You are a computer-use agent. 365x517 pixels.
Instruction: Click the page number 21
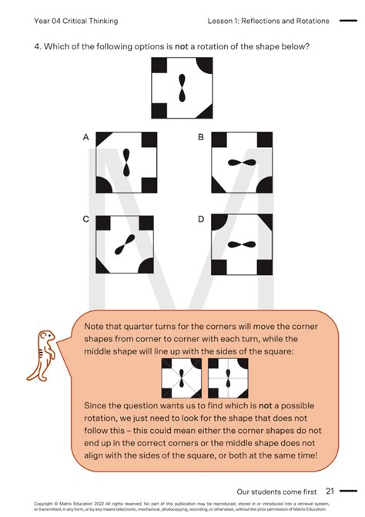(x=330, y=491)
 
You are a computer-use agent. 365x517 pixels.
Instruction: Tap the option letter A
(x=87, y=137)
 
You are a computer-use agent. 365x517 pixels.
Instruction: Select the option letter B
(x=200, y=137)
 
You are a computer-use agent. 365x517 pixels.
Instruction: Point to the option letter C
(x=86, y=220)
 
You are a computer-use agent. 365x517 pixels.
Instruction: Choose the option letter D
(x=200, y=220)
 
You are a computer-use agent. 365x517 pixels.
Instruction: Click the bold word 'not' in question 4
(x=182, y=46)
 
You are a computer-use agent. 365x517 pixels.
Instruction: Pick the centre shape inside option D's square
(x=243, y=245)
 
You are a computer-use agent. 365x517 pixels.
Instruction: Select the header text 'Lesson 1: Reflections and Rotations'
(x=268, y=21)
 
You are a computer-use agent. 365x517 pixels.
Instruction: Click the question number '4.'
(x=37, y=46)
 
